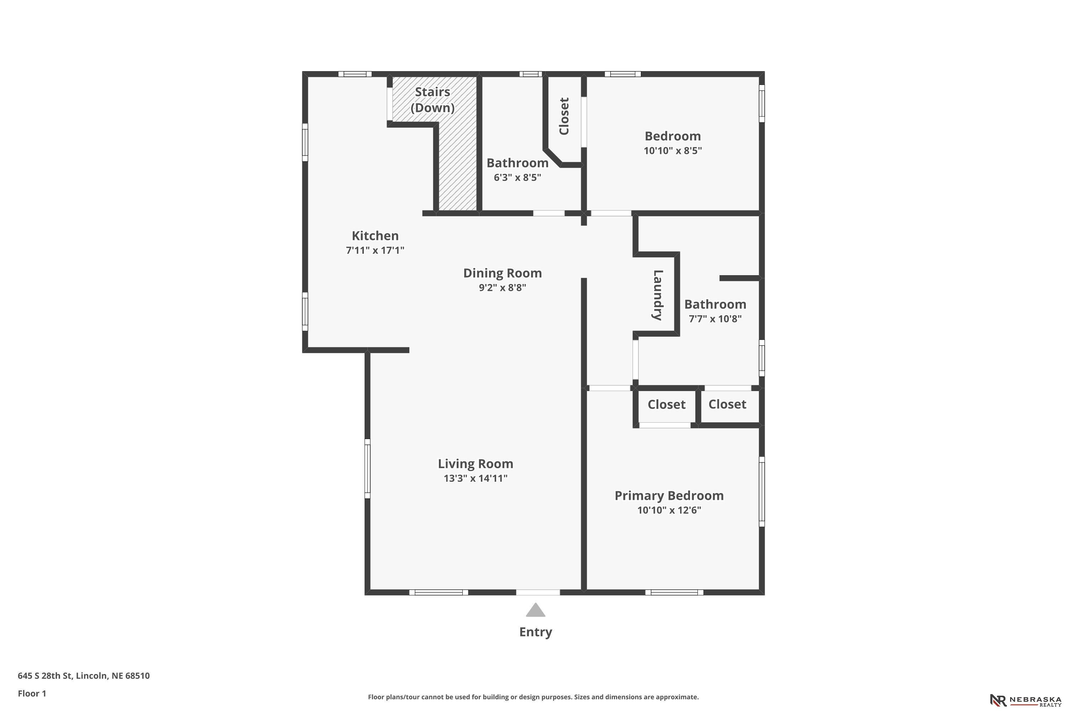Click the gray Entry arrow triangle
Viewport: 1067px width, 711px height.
point(535,610)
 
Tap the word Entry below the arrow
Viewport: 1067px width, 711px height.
point(535,632)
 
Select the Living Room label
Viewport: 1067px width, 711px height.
point(476,464)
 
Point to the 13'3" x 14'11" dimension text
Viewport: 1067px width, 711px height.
point(476,479)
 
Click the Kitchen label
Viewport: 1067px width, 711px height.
point(375,236)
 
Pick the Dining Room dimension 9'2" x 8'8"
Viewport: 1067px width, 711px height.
point(502,288)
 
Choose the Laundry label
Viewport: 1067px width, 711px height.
point(658,295)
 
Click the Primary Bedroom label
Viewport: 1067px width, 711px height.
point(669,496)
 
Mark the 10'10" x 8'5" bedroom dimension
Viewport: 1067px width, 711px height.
point(673,150)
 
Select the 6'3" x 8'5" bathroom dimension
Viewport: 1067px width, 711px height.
point(517,177)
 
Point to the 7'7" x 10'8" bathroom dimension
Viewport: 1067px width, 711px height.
point(715,319)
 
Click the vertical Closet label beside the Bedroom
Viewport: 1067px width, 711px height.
point(564,116)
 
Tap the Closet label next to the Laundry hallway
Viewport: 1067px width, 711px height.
point(667,405)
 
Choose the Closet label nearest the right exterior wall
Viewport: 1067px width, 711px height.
point(727,405)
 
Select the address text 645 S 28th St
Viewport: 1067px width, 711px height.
point(45,676)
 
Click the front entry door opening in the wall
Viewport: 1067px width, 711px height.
point(538,592)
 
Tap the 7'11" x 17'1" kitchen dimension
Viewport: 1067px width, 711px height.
point(375,250)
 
